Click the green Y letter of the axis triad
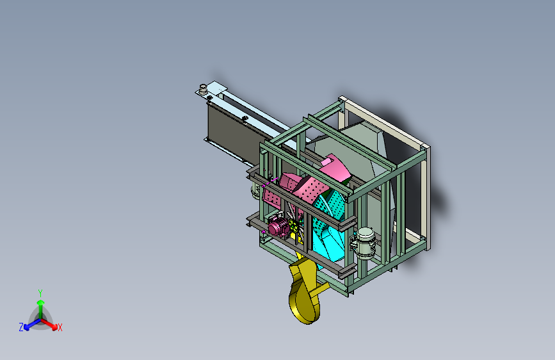click(40, 293)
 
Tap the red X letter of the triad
click(60, 327)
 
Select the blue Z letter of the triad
click(21, 327)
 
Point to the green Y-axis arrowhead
click(41, 302)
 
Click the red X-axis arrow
click(49, 324)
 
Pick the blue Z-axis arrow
click(33, 324)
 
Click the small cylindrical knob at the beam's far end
click(203, 89)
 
